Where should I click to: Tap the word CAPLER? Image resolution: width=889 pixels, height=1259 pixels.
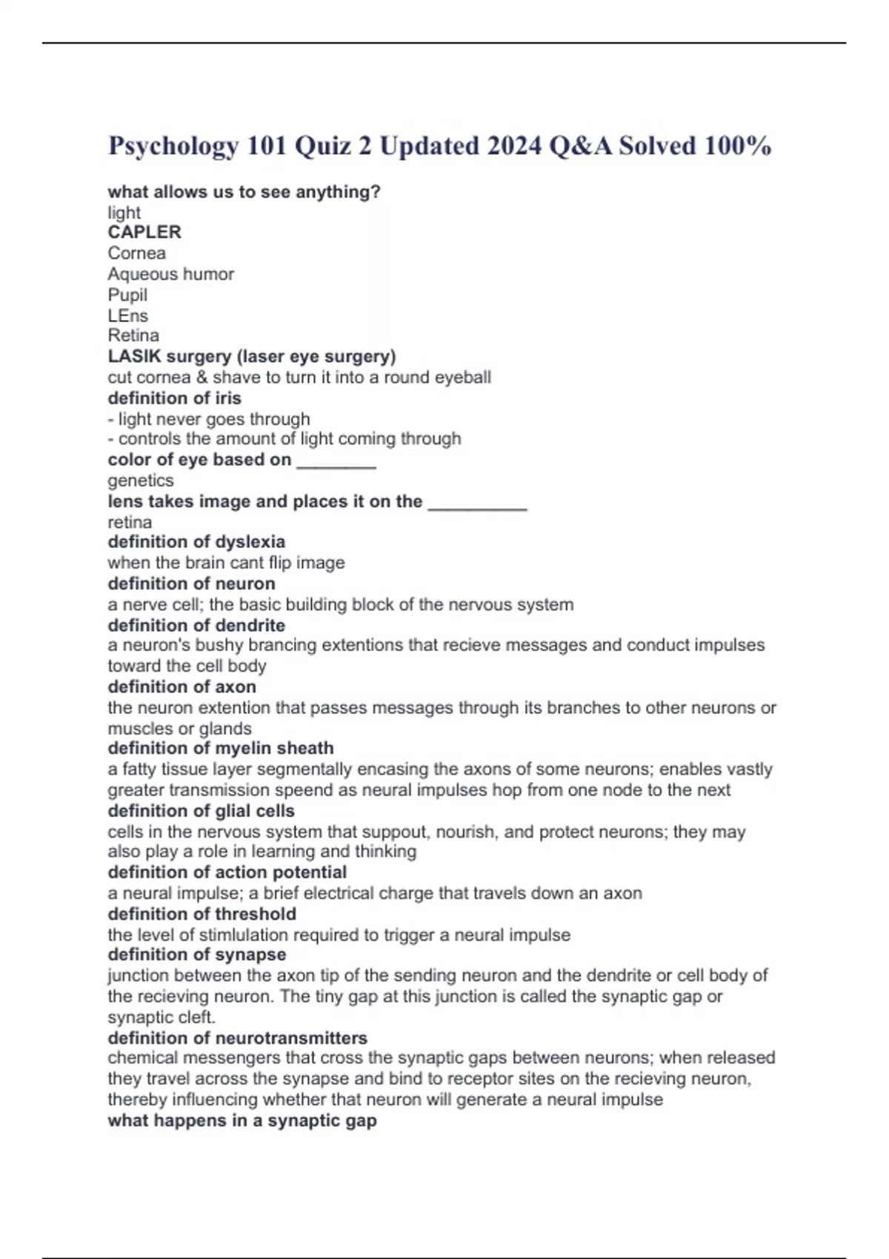tap(144, 232)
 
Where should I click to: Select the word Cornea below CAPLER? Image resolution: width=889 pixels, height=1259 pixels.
tap(137, 253)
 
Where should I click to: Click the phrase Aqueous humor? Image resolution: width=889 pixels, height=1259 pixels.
tap(170, 274)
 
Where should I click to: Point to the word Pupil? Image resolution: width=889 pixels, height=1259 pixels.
tap(127, 295)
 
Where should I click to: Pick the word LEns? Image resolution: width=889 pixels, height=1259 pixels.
tap(128, 315)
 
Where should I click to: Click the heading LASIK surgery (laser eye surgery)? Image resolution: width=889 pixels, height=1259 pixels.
tap(252, 356)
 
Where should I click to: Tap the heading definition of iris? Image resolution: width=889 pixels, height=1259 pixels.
tap(175, 398)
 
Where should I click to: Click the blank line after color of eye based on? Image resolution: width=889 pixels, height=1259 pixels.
tap(336, 462)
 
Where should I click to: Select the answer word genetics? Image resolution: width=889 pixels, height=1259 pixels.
tap(141, 481)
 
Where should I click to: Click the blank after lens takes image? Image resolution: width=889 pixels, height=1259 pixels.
tap(478, 504)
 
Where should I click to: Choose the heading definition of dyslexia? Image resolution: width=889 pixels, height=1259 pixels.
tap(196, 541)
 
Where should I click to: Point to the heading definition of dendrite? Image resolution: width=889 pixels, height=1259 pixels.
tap(196, 625)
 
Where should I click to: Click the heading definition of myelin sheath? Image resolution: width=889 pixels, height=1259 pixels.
tap(221, 748)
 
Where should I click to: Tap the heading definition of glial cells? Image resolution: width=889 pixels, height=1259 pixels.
tap(202, 811)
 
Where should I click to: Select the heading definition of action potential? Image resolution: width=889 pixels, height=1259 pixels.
tap(227, 872)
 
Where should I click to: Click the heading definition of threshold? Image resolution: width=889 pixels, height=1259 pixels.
tap(202, 914)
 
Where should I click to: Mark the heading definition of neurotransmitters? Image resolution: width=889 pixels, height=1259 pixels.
tap(238, 1038)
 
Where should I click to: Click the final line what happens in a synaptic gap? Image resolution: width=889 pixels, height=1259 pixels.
tap(242, 1121)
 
